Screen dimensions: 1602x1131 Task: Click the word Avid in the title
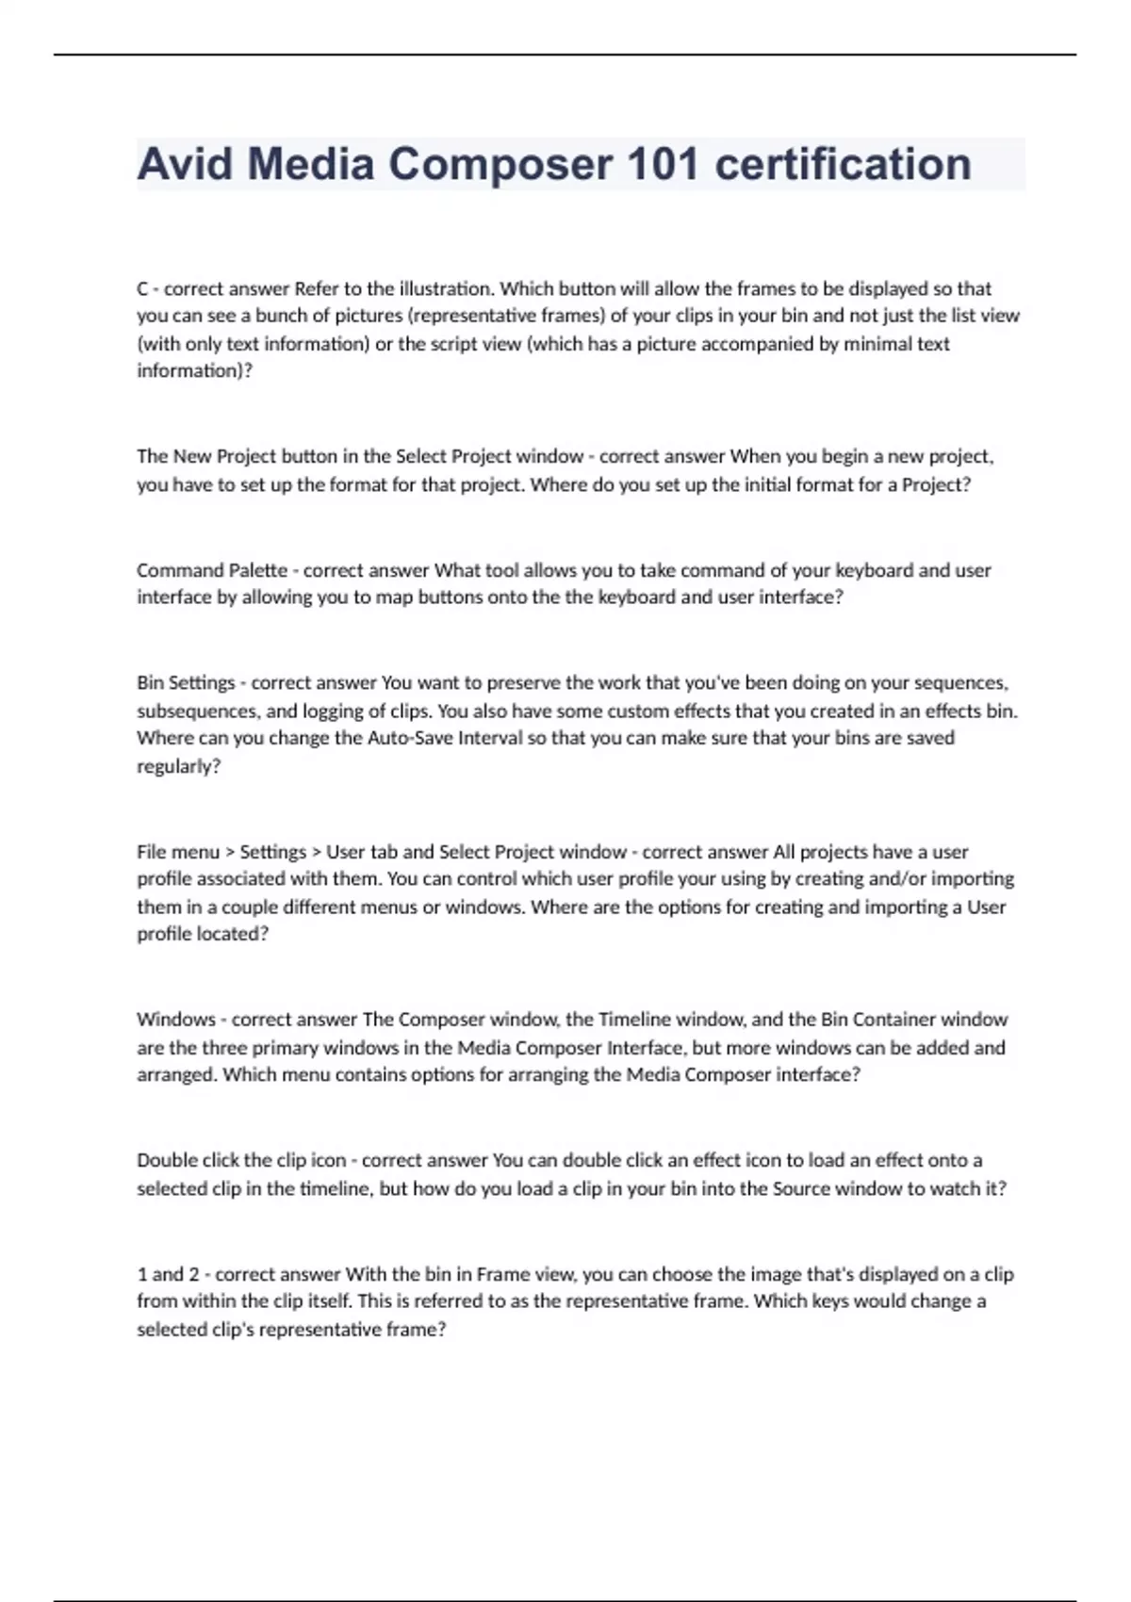(x=185, y=164)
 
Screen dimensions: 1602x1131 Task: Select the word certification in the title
(x=843, y=164)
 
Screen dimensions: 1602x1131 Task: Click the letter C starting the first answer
(x=142, y=288)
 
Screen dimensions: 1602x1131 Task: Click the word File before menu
(x=151, y=852)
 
